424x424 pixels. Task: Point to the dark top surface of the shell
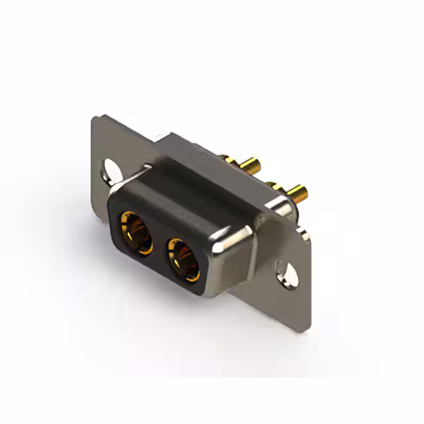click(192, 192)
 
